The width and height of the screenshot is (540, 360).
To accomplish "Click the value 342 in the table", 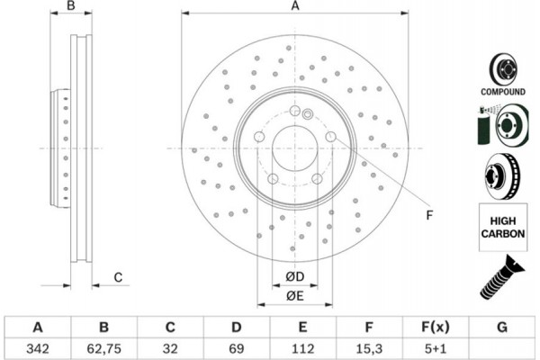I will (38, 347).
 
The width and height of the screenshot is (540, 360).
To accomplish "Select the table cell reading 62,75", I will (103, 347).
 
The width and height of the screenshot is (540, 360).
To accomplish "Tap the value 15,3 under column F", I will (368, 347).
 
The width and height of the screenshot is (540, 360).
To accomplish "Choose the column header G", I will (500, 327).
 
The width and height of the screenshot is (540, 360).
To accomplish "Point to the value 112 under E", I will (302, 347).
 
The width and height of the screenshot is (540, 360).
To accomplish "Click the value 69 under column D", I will (236, 347).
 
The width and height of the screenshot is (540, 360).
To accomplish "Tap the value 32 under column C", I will (170, 347).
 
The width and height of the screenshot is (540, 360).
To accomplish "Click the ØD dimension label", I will (294, 276).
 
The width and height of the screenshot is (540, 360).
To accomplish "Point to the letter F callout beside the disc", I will (429, 215).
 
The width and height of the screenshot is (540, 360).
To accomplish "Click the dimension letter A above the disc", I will (294, 7).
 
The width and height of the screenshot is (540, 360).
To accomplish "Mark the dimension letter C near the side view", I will (119, 277).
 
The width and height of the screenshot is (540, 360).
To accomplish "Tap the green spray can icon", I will (481, 123).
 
